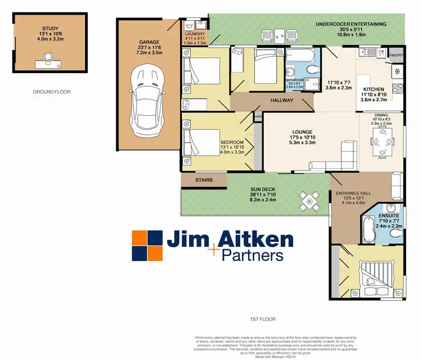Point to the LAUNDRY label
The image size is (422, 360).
pyautogui.click(x=195, y=34)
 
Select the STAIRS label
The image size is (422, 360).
pyautogui.click(x=203, y=180)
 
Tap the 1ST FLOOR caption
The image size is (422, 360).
pyautogui.click(x=263, y=319)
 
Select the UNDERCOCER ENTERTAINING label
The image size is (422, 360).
pyautogui.click(x=351, y=24)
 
